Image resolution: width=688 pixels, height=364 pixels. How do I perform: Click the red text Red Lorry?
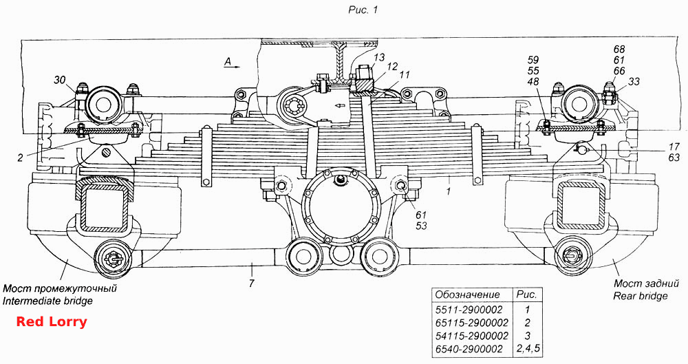point(52,322)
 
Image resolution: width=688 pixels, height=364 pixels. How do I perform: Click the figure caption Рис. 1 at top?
point(363,10)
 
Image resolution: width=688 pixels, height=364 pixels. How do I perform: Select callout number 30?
point(60,80)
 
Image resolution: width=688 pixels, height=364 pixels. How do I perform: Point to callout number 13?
point(379,57)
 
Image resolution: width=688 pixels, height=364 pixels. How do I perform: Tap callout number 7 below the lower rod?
point(251,283)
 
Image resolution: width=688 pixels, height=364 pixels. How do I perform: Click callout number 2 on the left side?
point(20,157)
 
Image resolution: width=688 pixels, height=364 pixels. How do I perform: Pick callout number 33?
point(634,81)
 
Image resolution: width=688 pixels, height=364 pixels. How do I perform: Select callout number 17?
point(674,147)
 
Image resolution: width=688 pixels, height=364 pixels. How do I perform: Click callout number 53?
point(421,226)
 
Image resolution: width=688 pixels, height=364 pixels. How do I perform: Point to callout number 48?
point(533,82)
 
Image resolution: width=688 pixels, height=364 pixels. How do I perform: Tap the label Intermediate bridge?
point(48,301)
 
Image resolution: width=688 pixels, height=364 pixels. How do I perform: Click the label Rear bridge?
point(641,296)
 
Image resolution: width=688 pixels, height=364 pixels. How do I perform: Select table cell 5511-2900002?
point(469,310)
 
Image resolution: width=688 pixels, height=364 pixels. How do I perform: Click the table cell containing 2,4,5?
point(528,349)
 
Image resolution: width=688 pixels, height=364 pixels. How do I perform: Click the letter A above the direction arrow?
point(228,63)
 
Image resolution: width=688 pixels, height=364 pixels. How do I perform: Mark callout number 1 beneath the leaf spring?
point(448,192)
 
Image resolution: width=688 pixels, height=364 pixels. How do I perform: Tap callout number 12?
point(392,67)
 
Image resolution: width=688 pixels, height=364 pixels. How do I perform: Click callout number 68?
point(619,49)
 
